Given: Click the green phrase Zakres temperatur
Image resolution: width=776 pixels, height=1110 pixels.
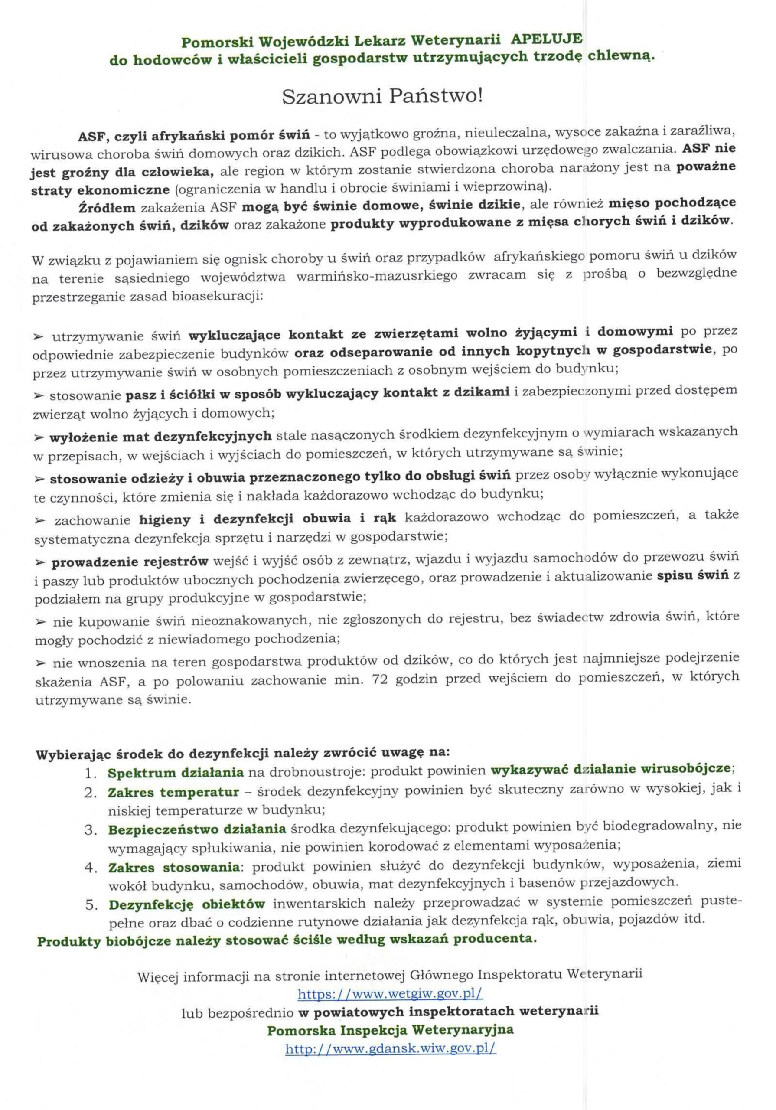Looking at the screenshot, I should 173,793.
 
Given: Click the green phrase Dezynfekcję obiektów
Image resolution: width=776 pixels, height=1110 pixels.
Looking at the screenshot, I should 187,904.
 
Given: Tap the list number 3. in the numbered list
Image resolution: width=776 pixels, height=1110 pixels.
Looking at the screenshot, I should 91,830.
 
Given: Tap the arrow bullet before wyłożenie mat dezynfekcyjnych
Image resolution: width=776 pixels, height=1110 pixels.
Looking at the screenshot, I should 39,437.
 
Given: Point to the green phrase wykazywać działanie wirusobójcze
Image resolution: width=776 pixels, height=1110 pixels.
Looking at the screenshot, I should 613,769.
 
